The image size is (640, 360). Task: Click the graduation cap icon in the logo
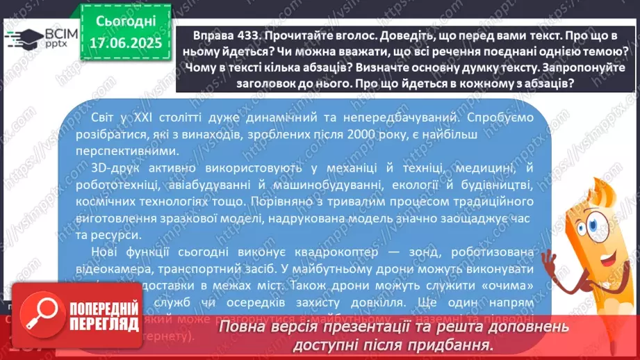tap(20, 38)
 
